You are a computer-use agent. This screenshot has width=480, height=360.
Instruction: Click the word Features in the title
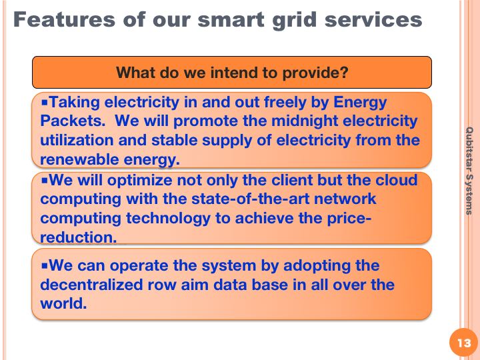point(64,19)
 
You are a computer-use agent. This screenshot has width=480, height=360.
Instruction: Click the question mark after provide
point(344,72)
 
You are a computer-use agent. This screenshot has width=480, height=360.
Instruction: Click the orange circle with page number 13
point(464,343)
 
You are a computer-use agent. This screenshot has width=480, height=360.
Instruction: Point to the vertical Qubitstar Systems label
point(469,171)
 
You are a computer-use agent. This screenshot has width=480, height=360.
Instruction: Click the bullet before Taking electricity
point(45,101)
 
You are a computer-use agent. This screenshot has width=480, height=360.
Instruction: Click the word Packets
point(73,121)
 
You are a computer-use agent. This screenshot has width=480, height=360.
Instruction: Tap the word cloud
point(397,180)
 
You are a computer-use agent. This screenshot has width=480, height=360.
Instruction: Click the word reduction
point(79,237)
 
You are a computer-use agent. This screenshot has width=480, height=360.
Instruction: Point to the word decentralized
point(91,285)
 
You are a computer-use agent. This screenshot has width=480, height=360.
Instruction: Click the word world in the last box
point(63,303)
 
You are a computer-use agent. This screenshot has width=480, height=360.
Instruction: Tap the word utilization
point(77,140)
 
